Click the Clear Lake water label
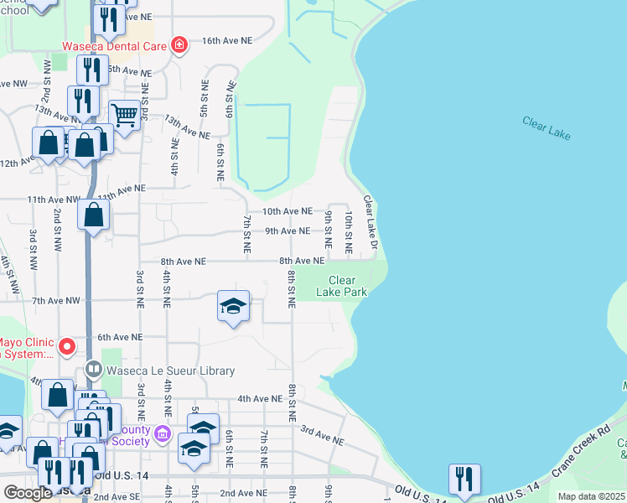tap(546, 127)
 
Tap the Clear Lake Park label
tap(342, 287)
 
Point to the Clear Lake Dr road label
tap(370, 222)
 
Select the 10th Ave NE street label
tap(287, 211)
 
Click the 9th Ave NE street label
tap(288, 231)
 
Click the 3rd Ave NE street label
tap(322, 435)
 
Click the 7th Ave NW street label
tap(55, 300)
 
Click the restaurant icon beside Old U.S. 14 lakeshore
tap(464, 479)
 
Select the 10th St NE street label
tap(349, 232)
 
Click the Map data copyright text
tap(592, 496)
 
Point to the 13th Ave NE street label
tap(186, 127)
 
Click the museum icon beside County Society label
tap(163, 436)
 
